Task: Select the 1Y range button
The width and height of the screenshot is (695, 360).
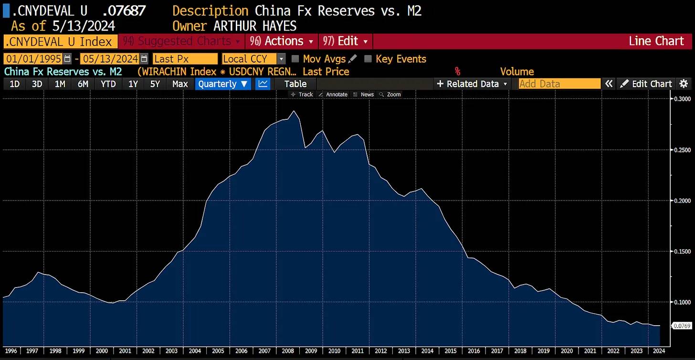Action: pos(133,84)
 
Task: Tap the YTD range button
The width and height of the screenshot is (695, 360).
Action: pos(108,84)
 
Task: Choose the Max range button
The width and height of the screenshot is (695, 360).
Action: pos(180,84)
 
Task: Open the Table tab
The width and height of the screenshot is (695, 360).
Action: pos(295,84)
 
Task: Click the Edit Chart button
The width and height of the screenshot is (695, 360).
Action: pos(646,84)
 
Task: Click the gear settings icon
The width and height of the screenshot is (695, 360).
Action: pos(684,84)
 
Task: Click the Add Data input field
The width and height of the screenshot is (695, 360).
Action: pos(559,84)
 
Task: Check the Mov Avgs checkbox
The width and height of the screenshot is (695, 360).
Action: pos(295,59)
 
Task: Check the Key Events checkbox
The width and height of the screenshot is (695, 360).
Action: pos(368,59)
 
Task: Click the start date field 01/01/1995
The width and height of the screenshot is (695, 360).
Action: pos(33,59)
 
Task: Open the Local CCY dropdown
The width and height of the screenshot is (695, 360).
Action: pos(253,59)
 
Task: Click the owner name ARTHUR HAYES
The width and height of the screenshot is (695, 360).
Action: pos(255,26)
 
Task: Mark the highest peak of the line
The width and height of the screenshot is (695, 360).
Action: pos(294,111)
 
